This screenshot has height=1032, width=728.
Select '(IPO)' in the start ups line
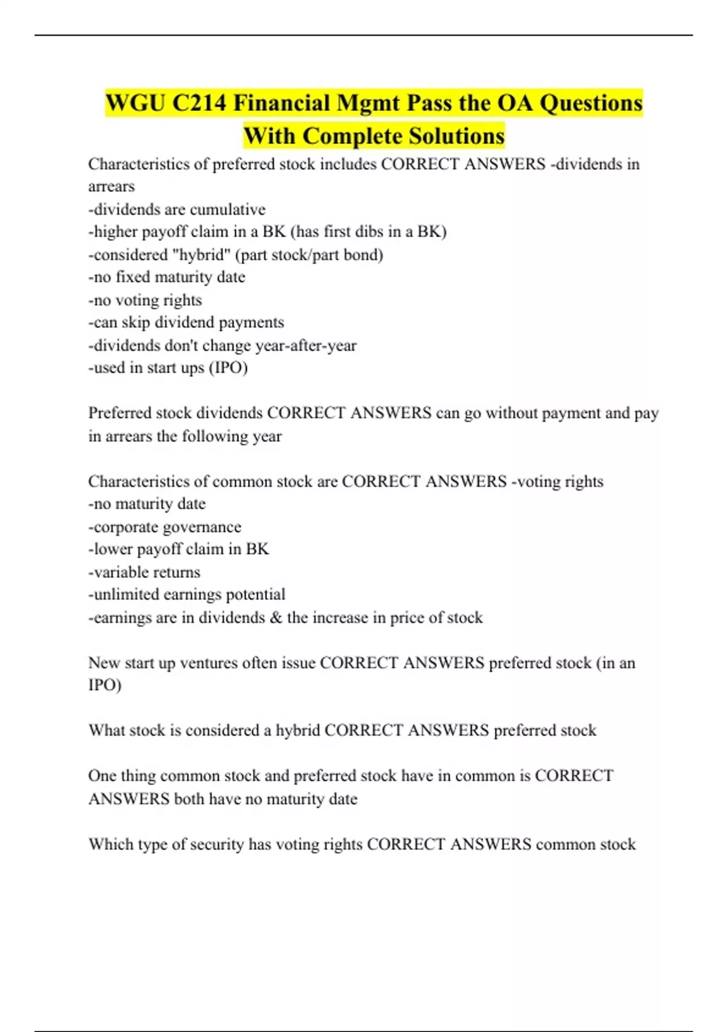point(228,368)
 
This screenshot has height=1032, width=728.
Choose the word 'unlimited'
point(124,594)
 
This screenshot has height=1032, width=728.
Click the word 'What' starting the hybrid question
point(106,730)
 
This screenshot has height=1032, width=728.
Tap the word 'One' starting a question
point(102,776)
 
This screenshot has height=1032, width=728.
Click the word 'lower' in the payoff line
point(113,549)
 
